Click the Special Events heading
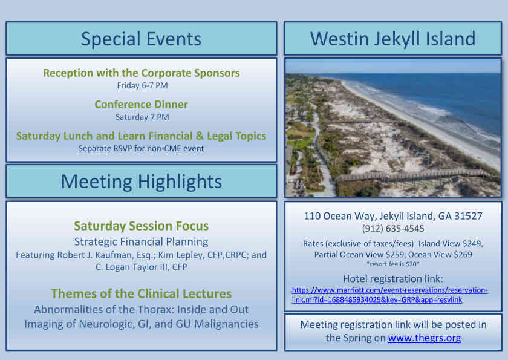pos(141,39)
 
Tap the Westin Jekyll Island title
pos(392,39)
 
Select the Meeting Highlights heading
pos(142,182)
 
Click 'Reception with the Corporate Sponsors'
pos(142,73)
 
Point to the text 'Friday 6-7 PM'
pos(142,85)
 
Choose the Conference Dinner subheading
pos(142,104)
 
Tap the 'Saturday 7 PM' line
pos(142,117)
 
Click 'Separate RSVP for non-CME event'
pos(142,148)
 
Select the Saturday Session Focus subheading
pos(142,226)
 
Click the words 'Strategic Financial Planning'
pos(142,242)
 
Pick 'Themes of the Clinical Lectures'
pos(142,293)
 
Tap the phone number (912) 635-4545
pos(393,229)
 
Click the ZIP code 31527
pos(469,216)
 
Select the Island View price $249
pos(474,244)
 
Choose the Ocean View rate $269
pos(463,255)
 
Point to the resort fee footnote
pos(393,264)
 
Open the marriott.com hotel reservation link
pos(389,295)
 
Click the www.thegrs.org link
pos(425,338)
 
